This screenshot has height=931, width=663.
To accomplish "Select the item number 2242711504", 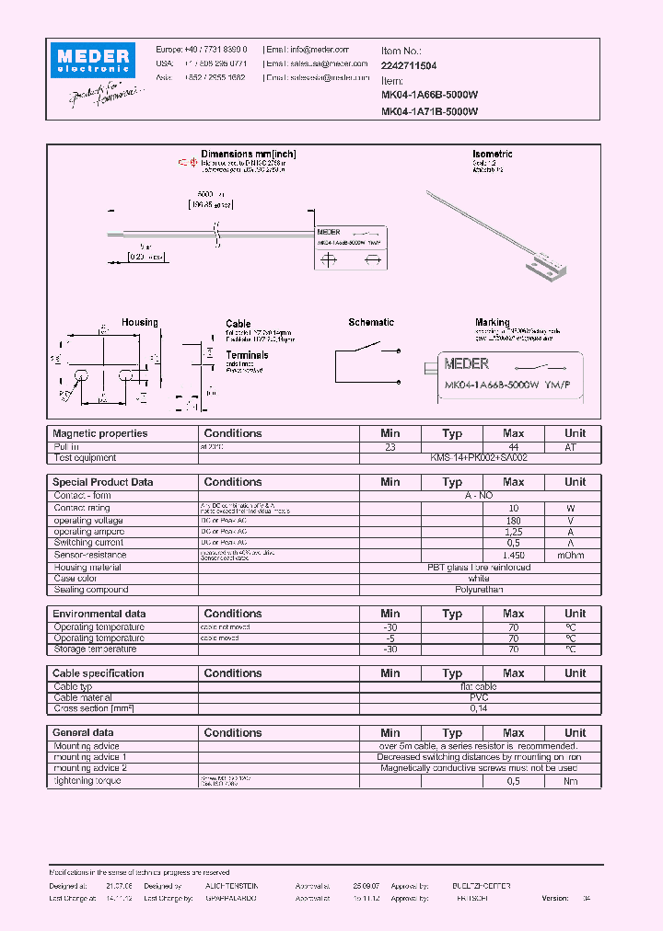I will coord(409,66).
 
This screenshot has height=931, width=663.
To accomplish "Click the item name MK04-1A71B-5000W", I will coord(429,112).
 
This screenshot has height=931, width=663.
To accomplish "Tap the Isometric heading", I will coord(492,155).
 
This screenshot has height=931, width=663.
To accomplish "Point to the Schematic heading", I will coord(371,323).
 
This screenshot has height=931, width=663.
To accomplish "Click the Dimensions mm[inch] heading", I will coord(248,155).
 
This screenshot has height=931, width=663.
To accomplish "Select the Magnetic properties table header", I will coord(99,433).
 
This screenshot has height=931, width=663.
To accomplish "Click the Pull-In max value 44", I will coord(514,446).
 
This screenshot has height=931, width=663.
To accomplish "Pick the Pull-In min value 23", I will coord(390,446).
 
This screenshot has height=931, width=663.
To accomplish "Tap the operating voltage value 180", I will coord(514,521).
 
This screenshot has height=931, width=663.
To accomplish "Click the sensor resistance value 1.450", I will coord(514,556).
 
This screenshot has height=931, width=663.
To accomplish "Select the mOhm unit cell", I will coord(575,556).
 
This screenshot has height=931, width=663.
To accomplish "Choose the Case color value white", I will coord(479,579).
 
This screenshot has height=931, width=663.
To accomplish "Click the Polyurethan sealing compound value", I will coord(479,590).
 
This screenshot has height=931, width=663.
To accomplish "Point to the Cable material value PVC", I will coord(479,697).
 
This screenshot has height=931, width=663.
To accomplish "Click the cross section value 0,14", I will coord(479,709).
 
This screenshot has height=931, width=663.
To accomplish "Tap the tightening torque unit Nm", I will coord(575,781).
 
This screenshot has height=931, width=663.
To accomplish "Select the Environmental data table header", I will coord(99,614).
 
